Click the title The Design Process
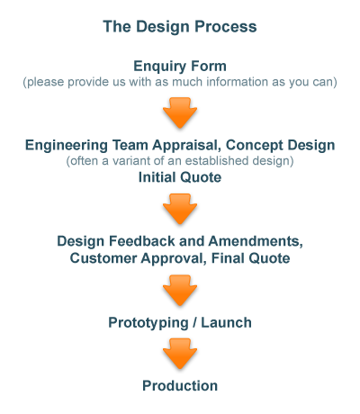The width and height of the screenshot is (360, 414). [x=180, y=26]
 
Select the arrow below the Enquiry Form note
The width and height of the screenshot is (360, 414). [x=180, y=112]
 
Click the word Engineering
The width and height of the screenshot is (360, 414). [x=67, y=146]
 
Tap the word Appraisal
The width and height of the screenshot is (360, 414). [x=186, y=146]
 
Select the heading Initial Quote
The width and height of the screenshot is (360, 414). [x=180, y=177]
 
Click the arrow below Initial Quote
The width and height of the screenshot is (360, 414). [x=180, y=209]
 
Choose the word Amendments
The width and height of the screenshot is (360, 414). [x=256, y=241]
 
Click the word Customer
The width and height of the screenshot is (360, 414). [x=103, y=258]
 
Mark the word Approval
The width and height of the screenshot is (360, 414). [x=174, y=259]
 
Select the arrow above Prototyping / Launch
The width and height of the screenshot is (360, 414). [x=180, y=290]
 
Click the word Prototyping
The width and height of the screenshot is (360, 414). [x=148, y=323]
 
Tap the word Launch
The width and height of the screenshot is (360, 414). [x=226, y=322]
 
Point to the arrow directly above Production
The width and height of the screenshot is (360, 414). [x=180, y=354]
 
